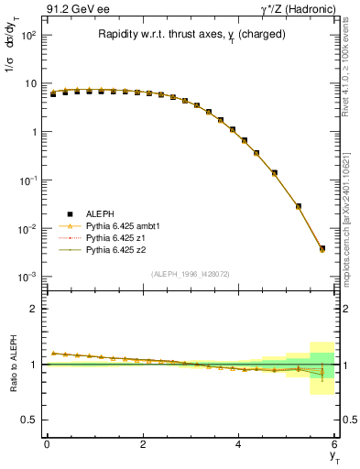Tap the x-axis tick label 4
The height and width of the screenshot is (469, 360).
coord(239,444)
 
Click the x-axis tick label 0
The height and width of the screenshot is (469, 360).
coord(47,444)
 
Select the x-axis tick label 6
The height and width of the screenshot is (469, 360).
coord(334,444)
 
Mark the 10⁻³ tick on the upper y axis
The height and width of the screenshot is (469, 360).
coord(27,277)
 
